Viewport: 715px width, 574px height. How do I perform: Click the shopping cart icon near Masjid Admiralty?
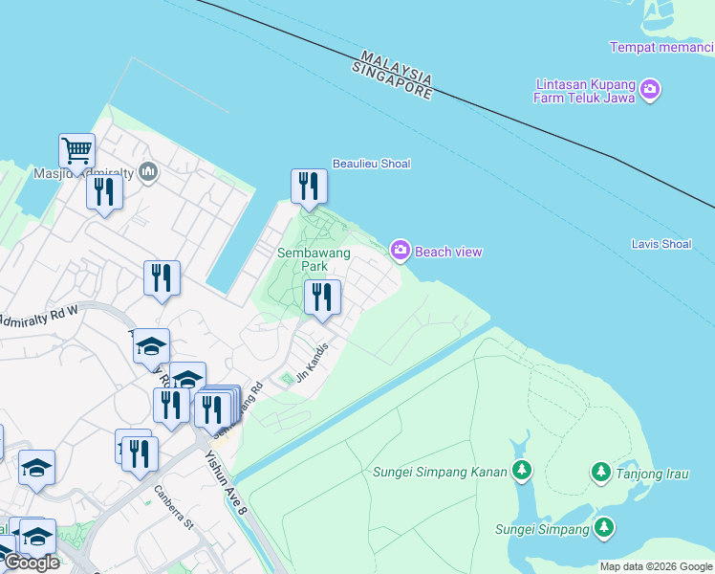pyautogui.click(x=76, y=150)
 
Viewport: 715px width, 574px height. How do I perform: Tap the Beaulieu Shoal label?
pyautogui.click(x=371, y=164)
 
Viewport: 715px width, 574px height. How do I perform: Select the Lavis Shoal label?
pyautogui.click(x=661, y=244)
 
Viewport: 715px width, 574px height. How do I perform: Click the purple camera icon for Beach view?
pyautogui.click(x=401, y=251)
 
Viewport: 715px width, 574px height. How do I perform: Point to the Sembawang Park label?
pyautogui.click(x=314, y=259)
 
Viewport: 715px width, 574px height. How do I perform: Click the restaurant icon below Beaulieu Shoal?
pyautogui.click(x=308, y=185)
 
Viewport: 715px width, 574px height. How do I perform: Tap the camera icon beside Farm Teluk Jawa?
pyautogui.click(x=651, y=91)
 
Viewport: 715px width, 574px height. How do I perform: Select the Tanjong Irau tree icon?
pyautogui.click(x=601, y=472)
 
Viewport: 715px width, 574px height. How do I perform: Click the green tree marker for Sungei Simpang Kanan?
pyautogui.click(x=521, y=470)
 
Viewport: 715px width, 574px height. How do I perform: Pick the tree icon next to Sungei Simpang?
pyautogui.click(x=603, y=528)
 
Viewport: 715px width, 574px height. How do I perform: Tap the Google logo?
pyautogui.click(x=32, y=563)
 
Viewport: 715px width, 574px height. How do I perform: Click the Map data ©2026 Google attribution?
pyautogui.click(x=656, y=566)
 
